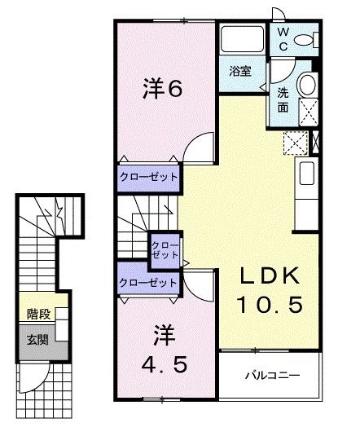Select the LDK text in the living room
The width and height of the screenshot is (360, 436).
(x=270, y=277)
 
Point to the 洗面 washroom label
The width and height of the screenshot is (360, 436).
(x=283, y=99)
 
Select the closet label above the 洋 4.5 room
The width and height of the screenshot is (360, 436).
(x=147, y=282)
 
